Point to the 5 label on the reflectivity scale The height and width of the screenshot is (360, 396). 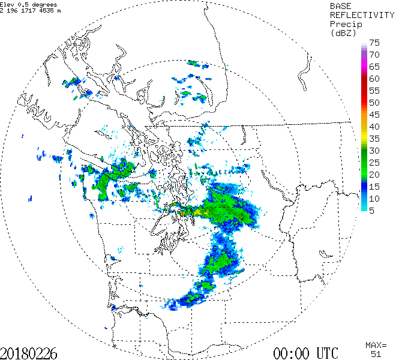(x=373, y=211)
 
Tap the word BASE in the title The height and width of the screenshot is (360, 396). (x=340, y=5)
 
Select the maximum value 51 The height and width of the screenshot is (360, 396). (x=376, y=354)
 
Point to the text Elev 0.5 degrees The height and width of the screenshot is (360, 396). (x=29, y=4)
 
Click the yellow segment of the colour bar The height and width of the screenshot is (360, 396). (x=364, y=135)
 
